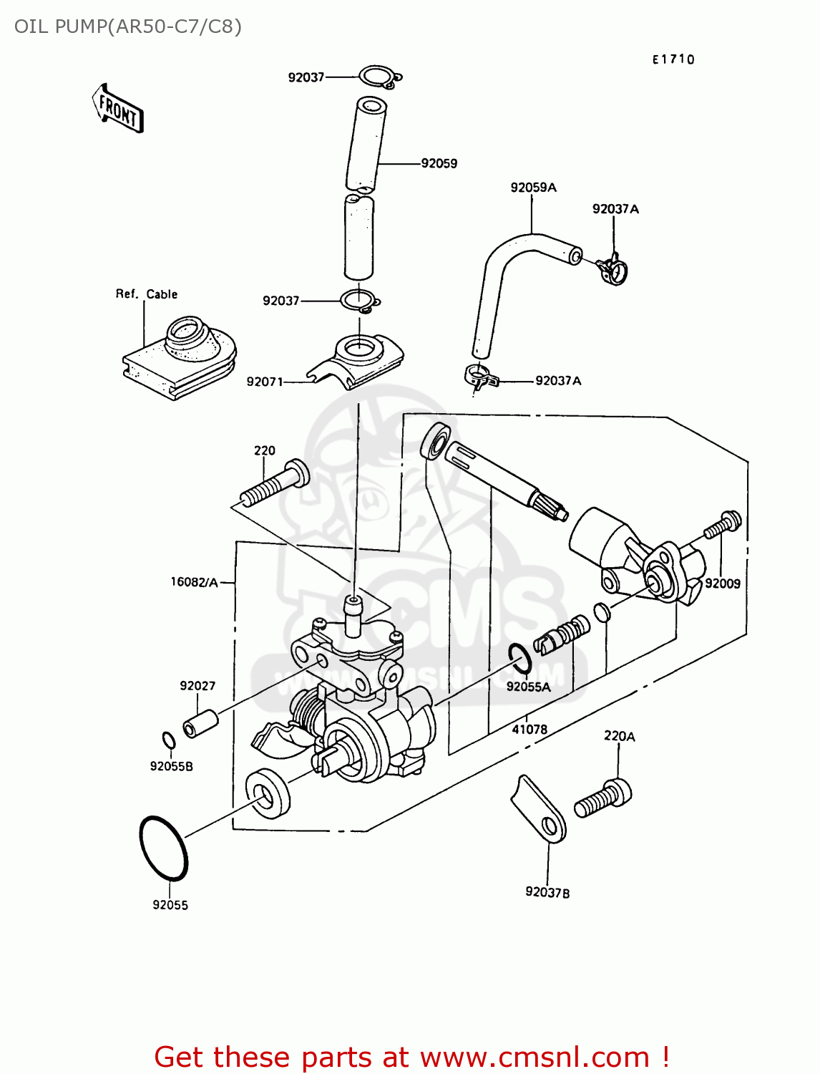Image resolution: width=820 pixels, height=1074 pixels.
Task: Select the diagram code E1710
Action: coord(673,59)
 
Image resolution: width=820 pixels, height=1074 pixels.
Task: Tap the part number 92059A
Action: coord(533,188)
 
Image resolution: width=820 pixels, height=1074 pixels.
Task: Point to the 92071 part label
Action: coord(265,382)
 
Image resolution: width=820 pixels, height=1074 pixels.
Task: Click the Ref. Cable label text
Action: coord(147,294)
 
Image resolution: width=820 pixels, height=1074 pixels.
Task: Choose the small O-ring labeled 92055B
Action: coord(169,740)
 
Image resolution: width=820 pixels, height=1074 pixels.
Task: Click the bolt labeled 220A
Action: coord(604,799)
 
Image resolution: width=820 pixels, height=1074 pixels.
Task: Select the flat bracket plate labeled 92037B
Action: coord(540,810)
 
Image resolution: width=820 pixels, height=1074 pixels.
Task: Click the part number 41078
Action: coord(529,730)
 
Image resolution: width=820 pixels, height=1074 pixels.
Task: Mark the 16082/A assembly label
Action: coord(194,582)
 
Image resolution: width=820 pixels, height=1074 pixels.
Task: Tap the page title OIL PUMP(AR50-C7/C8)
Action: coord(128,26)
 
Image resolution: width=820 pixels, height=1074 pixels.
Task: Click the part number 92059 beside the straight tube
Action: coord(439,163)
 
